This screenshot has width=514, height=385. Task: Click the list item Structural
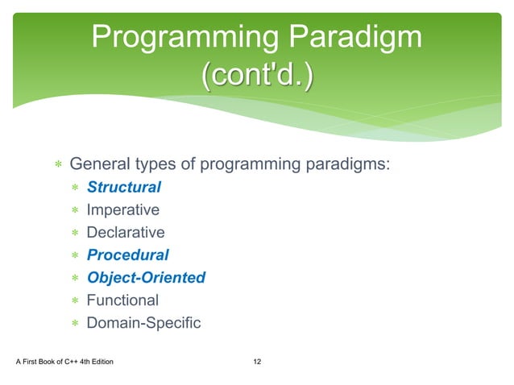[x=123, y=188]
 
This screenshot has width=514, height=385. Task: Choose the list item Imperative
[x=122, y=210]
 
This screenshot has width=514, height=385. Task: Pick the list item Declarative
[x=125, y=233]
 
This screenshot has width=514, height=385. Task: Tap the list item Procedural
[x=127, y=255]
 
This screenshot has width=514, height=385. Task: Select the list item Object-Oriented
[x=146, y=278]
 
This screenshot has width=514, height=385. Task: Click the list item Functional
[x=122, y=300]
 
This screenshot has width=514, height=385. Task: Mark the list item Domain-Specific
[x=143, y=323]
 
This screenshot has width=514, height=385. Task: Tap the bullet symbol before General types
[x=58, y=166]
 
